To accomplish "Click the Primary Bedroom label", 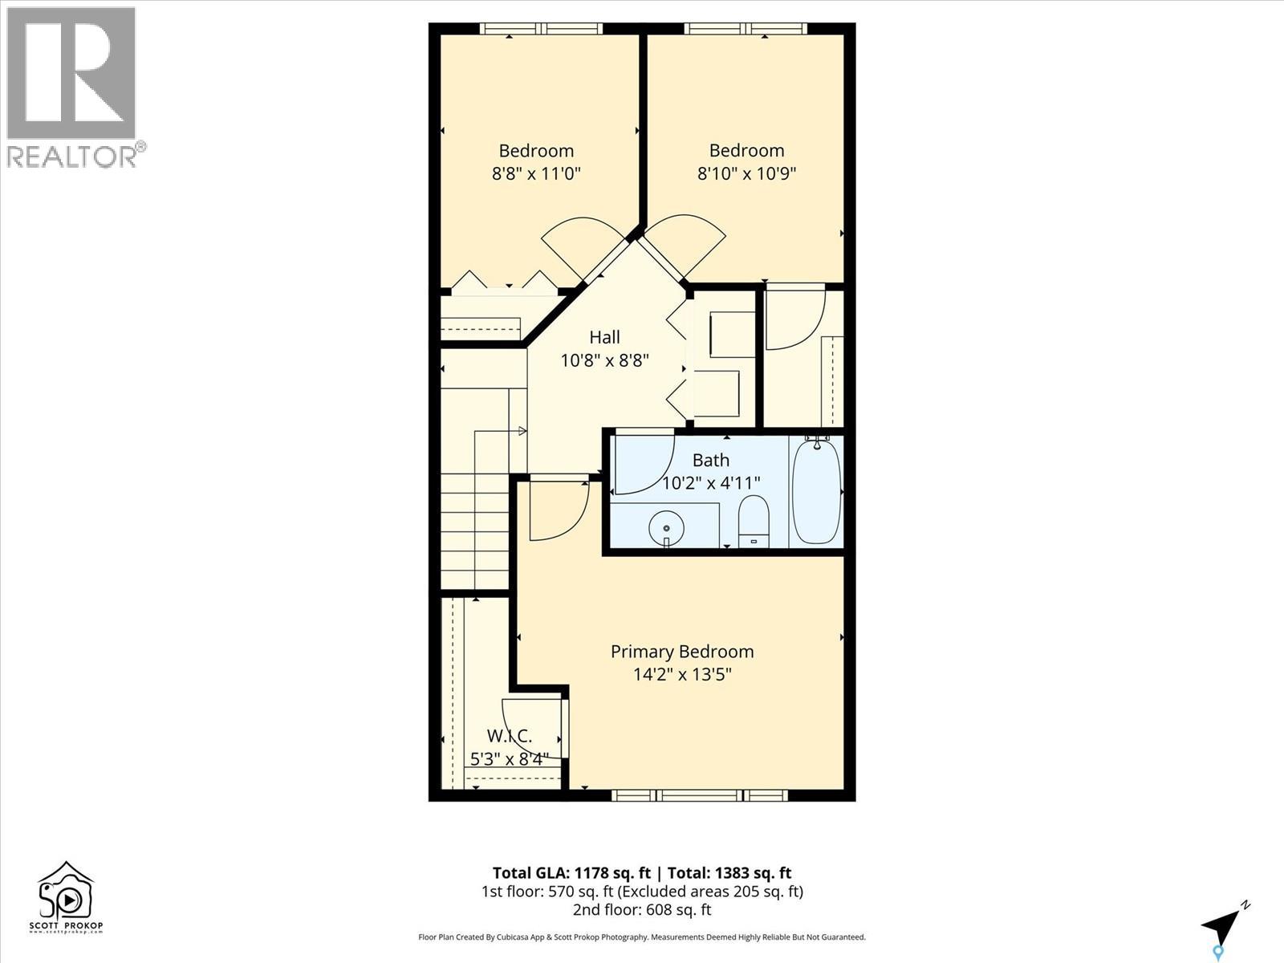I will (682, 652).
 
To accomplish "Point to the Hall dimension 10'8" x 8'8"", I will (604, 361).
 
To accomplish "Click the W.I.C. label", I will (510, 736).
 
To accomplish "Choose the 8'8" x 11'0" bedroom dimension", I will (536, 173).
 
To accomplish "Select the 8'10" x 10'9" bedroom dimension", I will (746, 173).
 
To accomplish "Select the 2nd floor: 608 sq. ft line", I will (642, 910).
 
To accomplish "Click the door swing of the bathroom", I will (642, 465).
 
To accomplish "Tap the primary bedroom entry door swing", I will (558, 510).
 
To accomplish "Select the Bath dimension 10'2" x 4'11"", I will (711, 483).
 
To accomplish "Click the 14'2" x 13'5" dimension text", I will (682, 675).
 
